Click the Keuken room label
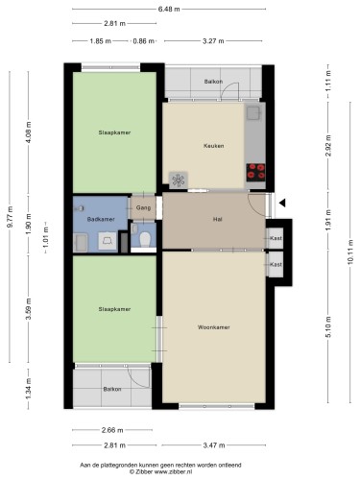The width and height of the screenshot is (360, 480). [x=213, y=146]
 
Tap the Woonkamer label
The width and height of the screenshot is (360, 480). [x=213, y=327]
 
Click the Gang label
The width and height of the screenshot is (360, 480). [x=143, y=207]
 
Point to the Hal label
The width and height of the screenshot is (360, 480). [x=217, y=219]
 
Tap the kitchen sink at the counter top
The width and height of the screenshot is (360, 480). [x=253, y=112]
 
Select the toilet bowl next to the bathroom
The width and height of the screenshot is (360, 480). [x=145, y=239]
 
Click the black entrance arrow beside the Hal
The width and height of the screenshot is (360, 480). [x=282, y=203]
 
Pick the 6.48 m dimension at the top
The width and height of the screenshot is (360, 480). [x=169, y=9]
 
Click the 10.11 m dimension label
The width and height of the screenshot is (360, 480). [x=349, y=252]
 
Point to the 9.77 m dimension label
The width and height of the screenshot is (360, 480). [x=10, y=217]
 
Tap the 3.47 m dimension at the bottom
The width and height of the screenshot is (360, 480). [x=214, y=445]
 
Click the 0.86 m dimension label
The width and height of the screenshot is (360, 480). [x=144, y=41]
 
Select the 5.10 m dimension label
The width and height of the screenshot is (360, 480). [x=328, y=326]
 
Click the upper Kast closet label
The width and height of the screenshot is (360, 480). [x=276, y=238]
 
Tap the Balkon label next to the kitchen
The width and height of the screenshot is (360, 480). [x=213, y=82]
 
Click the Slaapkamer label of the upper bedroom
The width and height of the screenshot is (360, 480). [x=114, y=132]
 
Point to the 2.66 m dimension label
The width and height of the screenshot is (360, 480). [x=112, y=430]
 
